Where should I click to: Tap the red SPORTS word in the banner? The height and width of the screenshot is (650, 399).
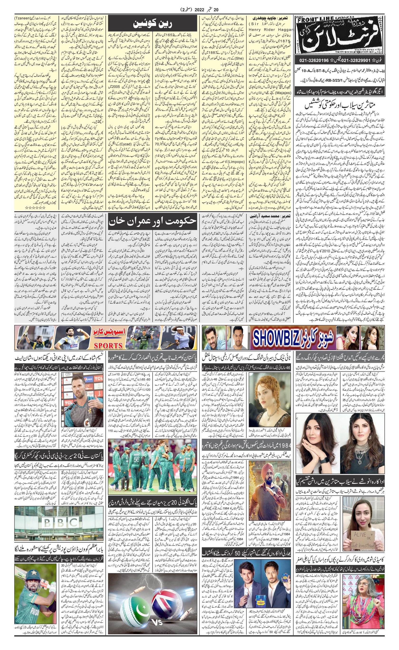click(x=108, y=345)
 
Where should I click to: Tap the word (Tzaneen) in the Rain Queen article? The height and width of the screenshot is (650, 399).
click(x=22, y=19)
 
